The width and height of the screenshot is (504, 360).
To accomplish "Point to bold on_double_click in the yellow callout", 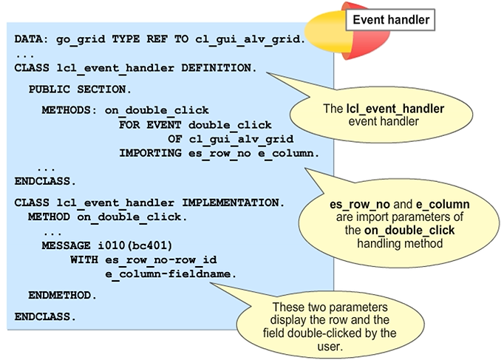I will [x=403, y=230].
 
